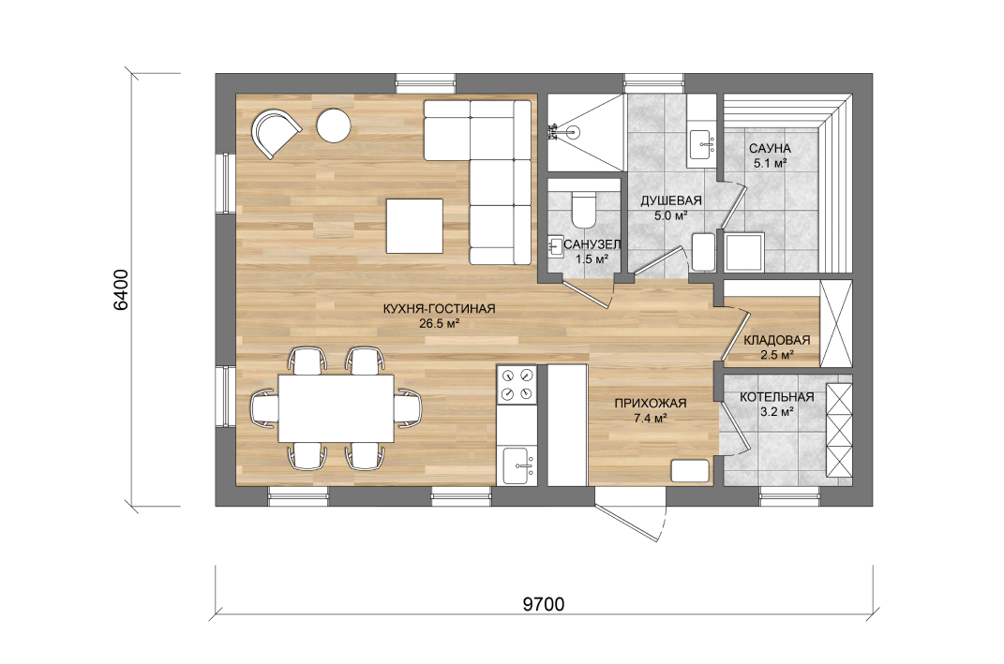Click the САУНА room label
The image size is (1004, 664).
coord(770,148)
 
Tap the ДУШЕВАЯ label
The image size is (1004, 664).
coord(671,200)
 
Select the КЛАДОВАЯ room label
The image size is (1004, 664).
coord(777,340)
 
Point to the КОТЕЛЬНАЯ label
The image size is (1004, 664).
coord(777,397)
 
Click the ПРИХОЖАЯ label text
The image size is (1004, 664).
coord(651,404)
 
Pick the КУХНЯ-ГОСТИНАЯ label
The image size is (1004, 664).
coord(440,309)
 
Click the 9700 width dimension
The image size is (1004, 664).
coord(544,604)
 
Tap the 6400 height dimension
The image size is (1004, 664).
coord(120,289)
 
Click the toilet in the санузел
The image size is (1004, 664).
coord(583,209)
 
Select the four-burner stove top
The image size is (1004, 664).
coord(517,385)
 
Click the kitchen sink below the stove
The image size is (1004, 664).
coord(518,465)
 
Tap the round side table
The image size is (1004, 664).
coord(334,125)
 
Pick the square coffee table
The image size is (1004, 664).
coord(414,226)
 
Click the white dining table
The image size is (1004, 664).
coord(337,408)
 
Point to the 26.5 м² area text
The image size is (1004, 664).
coord(440,324)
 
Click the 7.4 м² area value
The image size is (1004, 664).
coord(651,419)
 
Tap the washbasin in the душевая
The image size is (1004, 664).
coord(703,144)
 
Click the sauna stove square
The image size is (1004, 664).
coord(744,251)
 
